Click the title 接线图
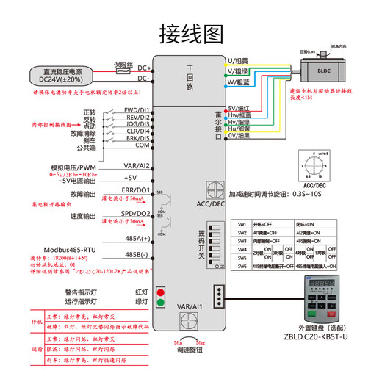pos(190,33)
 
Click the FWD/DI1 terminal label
pos(137,111)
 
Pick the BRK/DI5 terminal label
pos(137,138)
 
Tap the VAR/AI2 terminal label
pos(137,165)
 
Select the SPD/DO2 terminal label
pos(137,215)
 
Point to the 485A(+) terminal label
pos(137,238)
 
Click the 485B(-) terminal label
pos(137,255)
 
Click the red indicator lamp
pos(162,292)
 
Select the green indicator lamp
pos(162,302)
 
